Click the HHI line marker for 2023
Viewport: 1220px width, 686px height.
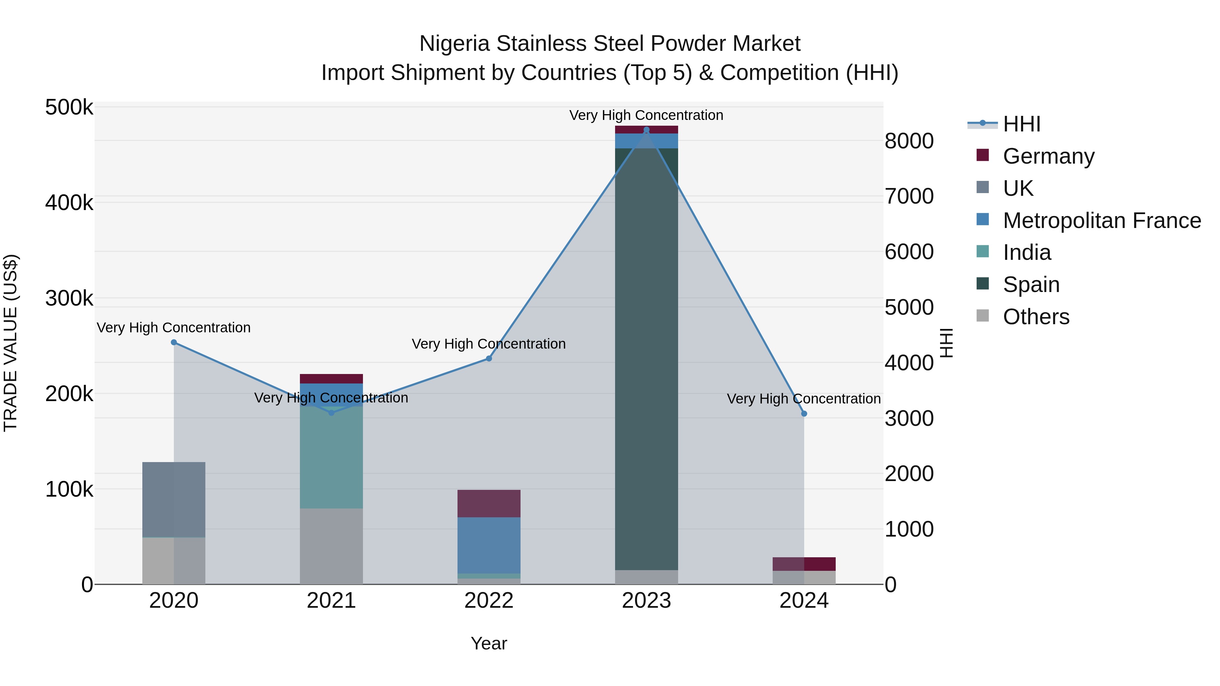click(x=647, y=130)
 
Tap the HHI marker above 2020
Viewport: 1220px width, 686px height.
click(x=174, y=342)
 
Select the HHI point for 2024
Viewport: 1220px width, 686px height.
click(x=804, y=414)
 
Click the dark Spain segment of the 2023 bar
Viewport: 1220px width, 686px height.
click(x=647, y=360)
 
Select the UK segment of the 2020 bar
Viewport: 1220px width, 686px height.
click(x=174, y=499)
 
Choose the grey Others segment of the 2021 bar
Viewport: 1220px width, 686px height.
click(x=331, y=546)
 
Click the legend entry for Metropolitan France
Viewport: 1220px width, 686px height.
click(x=1102, y=221)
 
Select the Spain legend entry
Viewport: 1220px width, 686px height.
click(x=1031, y=285)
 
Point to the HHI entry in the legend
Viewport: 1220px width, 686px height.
click(x=1021, y=124)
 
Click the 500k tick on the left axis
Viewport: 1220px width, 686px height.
click(x=69, y=107)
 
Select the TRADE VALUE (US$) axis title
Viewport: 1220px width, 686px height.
click(x=11, y=343)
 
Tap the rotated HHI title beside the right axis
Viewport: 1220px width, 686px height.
click(x=946, y=343)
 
